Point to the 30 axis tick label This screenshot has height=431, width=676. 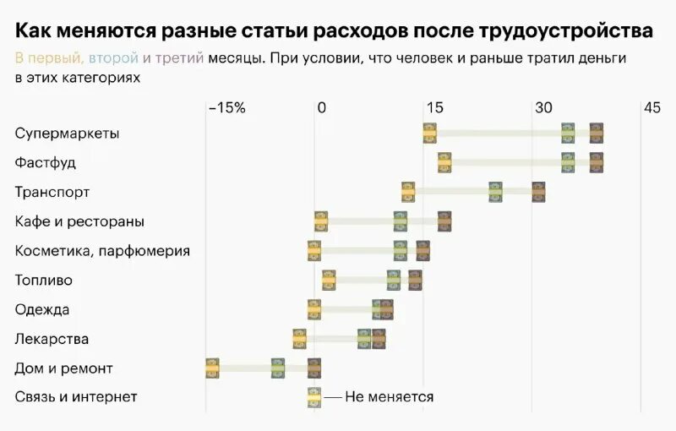543,108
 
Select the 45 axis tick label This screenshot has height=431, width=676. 651,108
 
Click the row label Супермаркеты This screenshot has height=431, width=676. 67,134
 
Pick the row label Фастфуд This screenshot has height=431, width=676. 46,162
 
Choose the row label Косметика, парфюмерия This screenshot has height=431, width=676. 102,251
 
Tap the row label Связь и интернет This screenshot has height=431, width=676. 76,397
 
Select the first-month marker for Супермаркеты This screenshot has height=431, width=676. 429,134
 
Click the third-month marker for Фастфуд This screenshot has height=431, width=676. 597,162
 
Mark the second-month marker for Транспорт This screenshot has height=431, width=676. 495,192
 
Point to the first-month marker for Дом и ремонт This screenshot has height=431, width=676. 212,368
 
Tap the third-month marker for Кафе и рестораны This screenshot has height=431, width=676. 444,221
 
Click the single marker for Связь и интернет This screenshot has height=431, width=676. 314,397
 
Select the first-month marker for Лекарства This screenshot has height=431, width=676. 299,339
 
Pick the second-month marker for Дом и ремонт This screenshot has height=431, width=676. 278,368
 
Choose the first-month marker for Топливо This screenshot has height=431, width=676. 329,280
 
